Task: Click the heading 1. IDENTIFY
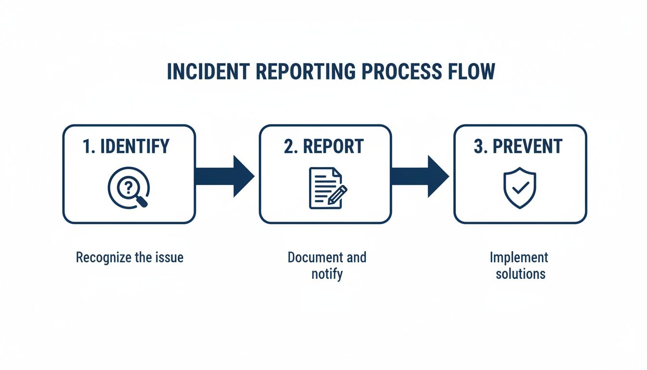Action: [x=126, y=146]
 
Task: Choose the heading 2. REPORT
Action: [x=323, y=146]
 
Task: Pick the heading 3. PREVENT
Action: [x=518, y=146]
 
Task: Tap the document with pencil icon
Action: [x=326, y=188]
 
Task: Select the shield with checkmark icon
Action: [x=519, y=187]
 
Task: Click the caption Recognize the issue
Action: [x=129, y=257]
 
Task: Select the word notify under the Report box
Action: [x=327, y=274]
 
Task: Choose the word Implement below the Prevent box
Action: [x=519, y=257]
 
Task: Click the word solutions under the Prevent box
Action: [x=520, y=274]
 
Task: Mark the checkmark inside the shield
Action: [x=519, y=188]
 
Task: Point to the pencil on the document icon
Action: [x=337, y=196]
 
